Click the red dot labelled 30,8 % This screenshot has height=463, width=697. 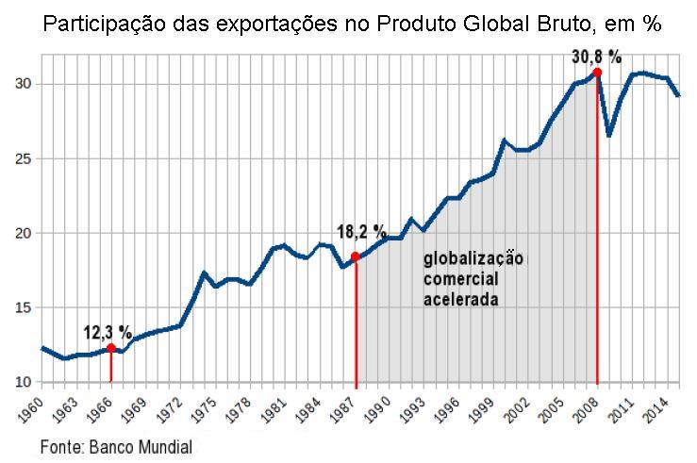click(597, 72)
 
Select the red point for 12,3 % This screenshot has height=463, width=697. click(111, 348)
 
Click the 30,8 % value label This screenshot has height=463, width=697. click(597, 57)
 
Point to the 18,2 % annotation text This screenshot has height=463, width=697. click(362, 231)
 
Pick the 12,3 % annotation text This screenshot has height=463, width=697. click(108, 332)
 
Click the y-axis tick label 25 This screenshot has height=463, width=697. click(22, 158)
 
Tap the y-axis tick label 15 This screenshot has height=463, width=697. click(22, 307)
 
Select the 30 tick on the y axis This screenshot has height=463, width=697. click(22, 84)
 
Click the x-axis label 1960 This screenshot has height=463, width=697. click(30, 412)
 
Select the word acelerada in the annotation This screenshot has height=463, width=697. click(460, 299)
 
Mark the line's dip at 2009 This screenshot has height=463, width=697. click(609, 135)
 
